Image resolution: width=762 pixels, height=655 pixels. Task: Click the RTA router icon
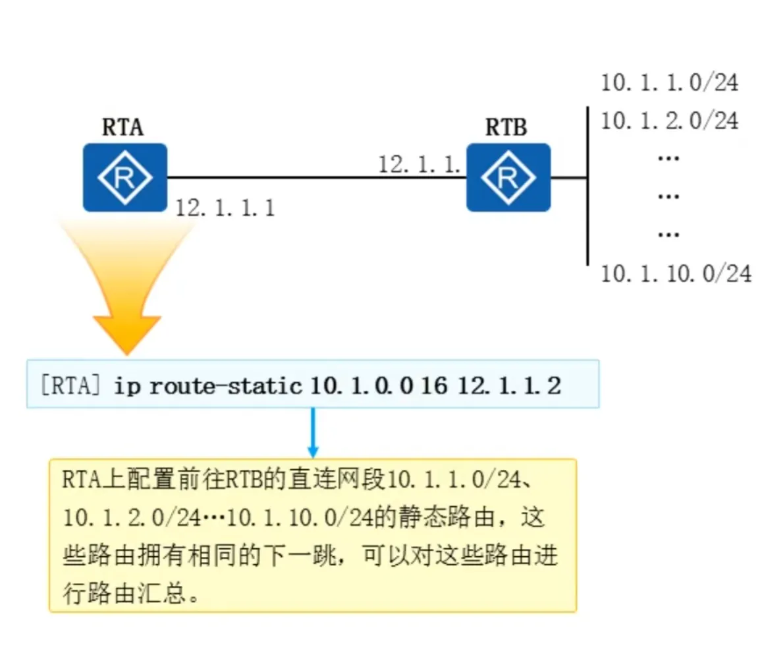(125, 177)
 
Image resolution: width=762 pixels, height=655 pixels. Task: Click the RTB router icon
(508, 177)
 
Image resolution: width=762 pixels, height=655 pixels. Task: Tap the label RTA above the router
(122, 127)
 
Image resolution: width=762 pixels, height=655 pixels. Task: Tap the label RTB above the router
(506, 127)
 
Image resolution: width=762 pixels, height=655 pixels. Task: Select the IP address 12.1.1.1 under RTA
(225, 208)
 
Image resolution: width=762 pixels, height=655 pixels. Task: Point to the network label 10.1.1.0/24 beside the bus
(669, 83)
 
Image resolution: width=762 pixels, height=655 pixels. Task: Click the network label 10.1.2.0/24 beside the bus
(669, 121)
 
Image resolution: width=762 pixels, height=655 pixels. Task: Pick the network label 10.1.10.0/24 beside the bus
(676, 273)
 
